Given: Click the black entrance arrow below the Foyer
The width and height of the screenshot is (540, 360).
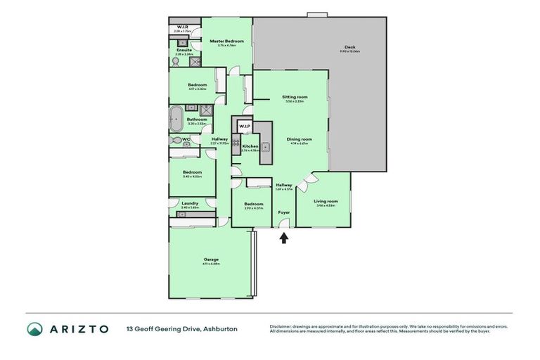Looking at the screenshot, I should point(284,238).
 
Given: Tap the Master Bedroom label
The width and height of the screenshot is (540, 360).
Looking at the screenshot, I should point(226,41).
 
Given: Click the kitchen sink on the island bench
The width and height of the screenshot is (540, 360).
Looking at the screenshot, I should point(266,146).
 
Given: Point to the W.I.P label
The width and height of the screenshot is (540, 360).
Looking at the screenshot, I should point(244,126).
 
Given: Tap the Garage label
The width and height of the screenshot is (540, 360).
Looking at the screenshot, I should point(211,259).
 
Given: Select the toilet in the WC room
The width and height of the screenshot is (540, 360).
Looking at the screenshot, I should point(174,141).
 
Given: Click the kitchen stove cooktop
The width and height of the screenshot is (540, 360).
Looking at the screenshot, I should point(236,146).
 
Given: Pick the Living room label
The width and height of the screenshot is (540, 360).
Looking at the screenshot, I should point(326,201).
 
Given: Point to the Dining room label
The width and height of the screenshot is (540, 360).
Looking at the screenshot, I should point(299,139).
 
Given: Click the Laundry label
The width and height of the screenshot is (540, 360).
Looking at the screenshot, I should point(189,203).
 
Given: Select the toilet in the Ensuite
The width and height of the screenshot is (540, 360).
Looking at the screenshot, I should point(175,62).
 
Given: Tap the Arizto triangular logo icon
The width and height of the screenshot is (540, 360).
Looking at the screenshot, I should point(34,328).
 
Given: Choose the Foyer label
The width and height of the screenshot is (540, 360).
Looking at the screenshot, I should point(284,212).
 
